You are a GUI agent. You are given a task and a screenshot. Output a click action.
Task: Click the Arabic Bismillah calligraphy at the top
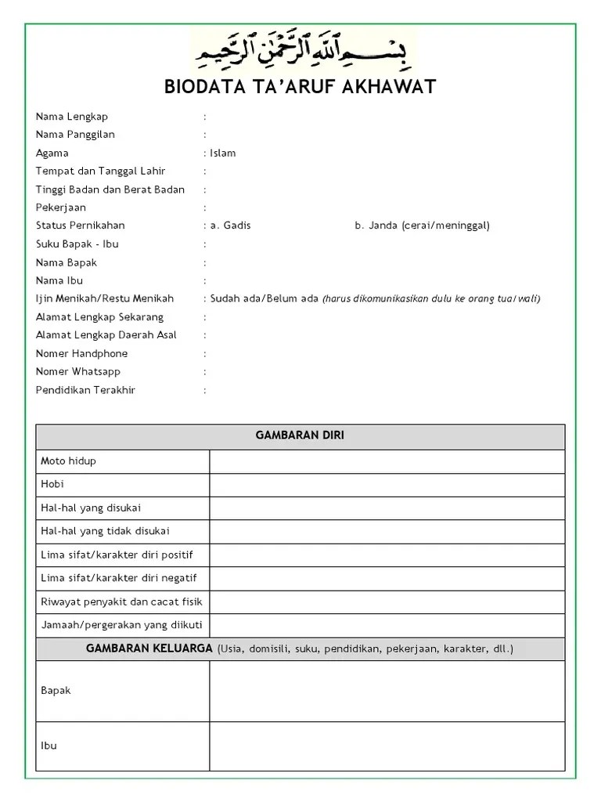tap(304, 52)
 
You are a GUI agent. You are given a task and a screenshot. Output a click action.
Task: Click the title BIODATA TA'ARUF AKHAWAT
tap(300, 87)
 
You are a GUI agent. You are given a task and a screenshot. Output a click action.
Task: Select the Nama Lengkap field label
tap(72, 117)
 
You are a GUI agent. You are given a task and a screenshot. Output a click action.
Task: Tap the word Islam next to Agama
tap(223, 153)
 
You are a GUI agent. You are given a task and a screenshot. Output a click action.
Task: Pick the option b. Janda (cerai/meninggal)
tap(422, 226)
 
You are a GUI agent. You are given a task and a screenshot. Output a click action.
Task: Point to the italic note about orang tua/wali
tap(431, 298)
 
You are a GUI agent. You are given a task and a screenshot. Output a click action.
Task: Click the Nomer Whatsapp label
tap(78, 371)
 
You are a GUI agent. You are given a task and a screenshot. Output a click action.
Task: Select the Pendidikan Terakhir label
tap(85, 390)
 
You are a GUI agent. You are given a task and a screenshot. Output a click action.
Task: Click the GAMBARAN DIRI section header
tap(300, 436)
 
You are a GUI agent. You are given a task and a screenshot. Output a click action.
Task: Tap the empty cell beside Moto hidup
tap(387, 461)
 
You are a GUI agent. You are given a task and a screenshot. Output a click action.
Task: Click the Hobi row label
tap(52, 484)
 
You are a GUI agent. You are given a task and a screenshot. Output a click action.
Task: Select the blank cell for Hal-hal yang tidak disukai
tap(387, 531)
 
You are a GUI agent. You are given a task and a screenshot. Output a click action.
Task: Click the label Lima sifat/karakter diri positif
tap(117, 555)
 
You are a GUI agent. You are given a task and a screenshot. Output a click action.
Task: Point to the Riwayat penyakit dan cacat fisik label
tap(121, 601)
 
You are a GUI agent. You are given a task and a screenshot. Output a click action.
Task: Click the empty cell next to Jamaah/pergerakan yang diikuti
tap(387, 625)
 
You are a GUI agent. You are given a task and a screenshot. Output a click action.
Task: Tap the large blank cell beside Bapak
tap(387, 691)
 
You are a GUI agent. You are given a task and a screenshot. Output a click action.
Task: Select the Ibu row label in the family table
tap(49, 746)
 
